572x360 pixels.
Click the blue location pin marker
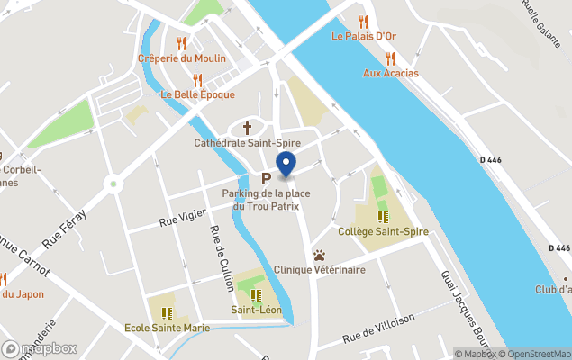(x=286, y=165)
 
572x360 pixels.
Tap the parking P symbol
(x=266, y=179)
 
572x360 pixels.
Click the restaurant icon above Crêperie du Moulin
(x=181, y=43)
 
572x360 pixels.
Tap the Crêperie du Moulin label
(x=182, y=58)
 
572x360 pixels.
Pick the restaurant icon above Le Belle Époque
(x=197, y=79)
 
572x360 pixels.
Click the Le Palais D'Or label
(x=364, y=37)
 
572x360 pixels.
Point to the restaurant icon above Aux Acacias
(x=390, y=58)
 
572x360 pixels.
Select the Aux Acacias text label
(x=391, y=73)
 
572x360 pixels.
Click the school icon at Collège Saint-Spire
(x=383, y=217)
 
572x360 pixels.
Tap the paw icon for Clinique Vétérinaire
(x=319, y=255)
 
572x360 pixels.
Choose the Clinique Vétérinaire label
(x=320, y=269)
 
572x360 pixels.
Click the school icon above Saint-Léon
(x=256, y=294)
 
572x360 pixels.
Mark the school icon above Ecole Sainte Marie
(x=167, y=312)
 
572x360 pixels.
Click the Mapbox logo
(x=40, y=348)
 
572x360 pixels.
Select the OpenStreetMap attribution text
(x=540, y=354)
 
